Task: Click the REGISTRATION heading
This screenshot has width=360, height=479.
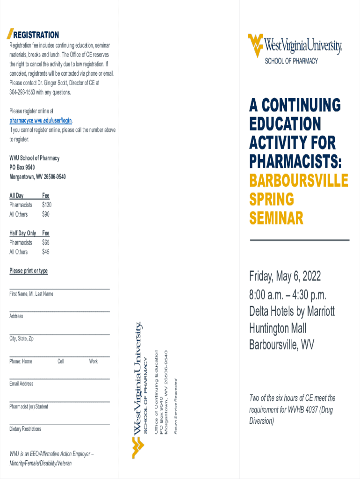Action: click(36, 35)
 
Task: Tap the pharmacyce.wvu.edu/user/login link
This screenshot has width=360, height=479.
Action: click(41, 121)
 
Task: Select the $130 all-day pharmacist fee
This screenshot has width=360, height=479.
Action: click(46, 205)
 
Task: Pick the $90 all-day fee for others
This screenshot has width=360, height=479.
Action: click(45, 214)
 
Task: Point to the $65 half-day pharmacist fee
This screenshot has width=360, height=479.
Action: click(45, 242)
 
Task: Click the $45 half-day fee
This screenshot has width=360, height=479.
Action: click(45, 252)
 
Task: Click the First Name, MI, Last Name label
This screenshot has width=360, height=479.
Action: click(31, 294)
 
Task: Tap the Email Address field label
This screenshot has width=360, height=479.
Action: click(22, 384)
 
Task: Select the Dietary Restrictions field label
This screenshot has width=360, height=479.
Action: click(25, 429)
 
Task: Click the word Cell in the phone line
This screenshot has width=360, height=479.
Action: click(61, 362)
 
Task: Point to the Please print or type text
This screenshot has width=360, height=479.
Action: click(29, 271)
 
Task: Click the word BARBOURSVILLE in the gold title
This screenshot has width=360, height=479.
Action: click(298, 181)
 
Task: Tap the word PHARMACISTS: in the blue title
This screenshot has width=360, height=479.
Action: click(295, 162)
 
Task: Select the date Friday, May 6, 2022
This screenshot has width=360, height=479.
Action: click(285, 276)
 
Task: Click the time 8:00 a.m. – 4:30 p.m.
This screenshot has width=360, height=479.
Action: click(288, 296)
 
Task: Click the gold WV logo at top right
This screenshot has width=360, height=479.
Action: click(255, 45)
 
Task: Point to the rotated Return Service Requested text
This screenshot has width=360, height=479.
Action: click(176, 405)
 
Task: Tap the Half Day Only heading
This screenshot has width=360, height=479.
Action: click(23, 233)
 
